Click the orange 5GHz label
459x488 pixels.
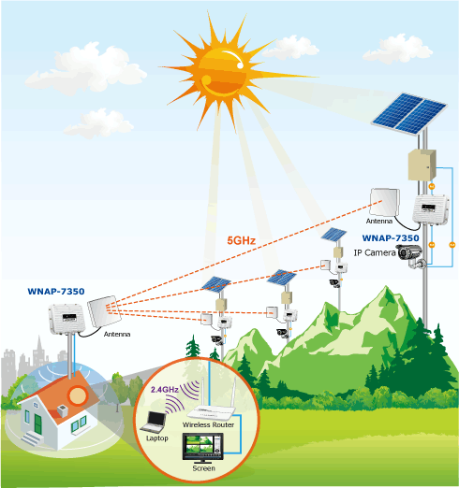coord(241,240)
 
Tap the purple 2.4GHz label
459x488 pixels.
coord(165,390)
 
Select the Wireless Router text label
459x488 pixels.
coord(208,424)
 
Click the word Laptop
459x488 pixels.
coord(157,438)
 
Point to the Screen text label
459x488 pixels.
coord(203,468)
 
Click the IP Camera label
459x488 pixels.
coord(375,252)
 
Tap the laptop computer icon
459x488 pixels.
coord(154,422)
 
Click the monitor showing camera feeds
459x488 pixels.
coord(203,448)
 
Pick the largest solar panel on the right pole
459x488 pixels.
coord(409,114)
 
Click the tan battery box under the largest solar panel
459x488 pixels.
coord(422,165)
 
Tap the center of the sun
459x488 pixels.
coord(223,72)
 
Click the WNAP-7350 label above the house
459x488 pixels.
coord(56,292)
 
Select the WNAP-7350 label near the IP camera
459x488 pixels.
coord(391,238)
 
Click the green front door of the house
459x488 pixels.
coord(37,424)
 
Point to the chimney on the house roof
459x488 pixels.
coord(62,411)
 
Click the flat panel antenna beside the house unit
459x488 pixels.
coord(104,311)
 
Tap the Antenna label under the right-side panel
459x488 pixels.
coord(379,221)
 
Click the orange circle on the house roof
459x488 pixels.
coord(77,395)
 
